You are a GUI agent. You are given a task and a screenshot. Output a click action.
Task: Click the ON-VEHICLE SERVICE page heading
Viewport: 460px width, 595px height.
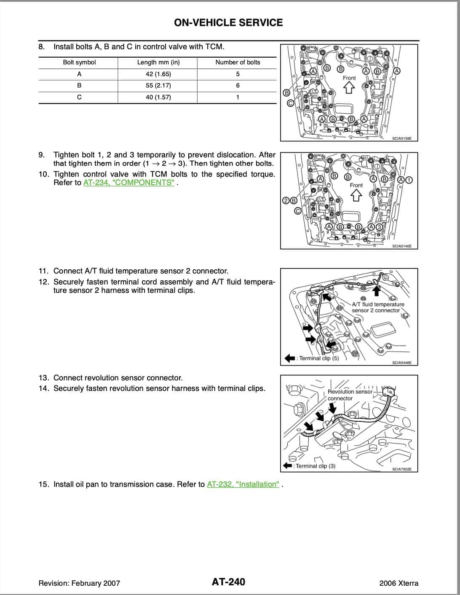pos(228,23)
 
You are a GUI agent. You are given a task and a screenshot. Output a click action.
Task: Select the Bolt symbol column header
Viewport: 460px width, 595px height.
pos(79,62)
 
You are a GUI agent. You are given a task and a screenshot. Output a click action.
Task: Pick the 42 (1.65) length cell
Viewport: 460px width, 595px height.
pos(158,74)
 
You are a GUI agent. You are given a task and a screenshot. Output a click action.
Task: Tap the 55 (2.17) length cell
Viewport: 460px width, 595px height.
pos(158,85)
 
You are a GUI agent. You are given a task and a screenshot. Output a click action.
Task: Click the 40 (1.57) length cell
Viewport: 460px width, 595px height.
pos(158,97)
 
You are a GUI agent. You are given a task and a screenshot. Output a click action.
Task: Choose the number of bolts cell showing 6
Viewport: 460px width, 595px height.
pos(238,85)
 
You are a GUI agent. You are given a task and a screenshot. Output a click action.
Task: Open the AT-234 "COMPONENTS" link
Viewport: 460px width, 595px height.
pos(129,183)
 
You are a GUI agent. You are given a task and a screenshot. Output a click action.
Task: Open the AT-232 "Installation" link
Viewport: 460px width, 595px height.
pos(243,484)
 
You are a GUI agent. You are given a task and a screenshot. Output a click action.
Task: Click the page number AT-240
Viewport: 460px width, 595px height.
pos(228,582)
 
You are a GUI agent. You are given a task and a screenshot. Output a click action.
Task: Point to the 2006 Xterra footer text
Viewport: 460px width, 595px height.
pos(398,583)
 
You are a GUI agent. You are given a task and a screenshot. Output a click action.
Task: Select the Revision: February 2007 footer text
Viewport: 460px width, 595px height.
pos(79,583)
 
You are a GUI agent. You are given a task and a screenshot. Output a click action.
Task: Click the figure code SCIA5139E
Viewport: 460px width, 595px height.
pos(401,138)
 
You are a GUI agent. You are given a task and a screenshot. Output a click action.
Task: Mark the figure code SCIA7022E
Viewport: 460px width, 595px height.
pos(401,469)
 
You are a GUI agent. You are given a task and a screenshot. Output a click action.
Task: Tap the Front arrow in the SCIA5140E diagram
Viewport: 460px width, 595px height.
pos(356,195)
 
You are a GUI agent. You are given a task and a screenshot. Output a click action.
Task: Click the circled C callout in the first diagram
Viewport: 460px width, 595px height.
pos(290,103)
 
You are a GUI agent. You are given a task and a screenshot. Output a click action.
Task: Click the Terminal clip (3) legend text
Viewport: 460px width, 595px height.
pos(315,466)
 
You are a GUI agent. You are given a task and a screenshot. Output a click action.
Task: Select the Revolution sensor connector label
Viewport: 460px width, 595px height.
pos(350,395)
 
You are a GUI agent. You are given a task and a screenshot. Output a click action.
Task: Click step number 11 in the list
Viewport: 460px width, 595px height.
pos(43,271)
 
